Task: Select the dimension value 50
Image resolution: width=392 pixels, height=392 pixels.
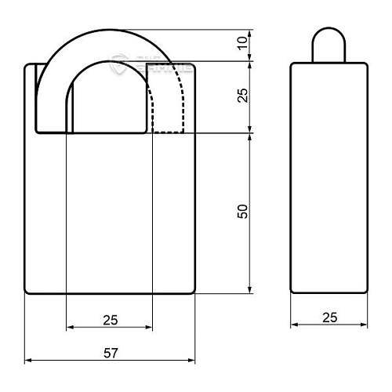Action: click(x=243, y=212)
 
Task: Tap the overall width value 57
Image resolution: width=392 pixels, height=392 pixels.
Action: click(x=110, y=354)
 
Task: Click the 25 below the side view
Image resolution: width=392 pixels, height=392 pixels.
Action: click(x=328, y=317)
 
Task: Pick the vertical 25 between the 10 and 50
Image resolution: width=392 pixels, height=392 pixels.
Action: click(x=243, y=96)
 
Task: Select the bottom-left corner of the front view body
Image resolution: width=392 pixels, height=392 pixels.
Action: click(x=27, y=292)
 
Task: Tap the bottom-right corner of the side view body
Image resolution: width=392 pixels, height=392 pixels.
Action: click(x=365, y=292)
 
